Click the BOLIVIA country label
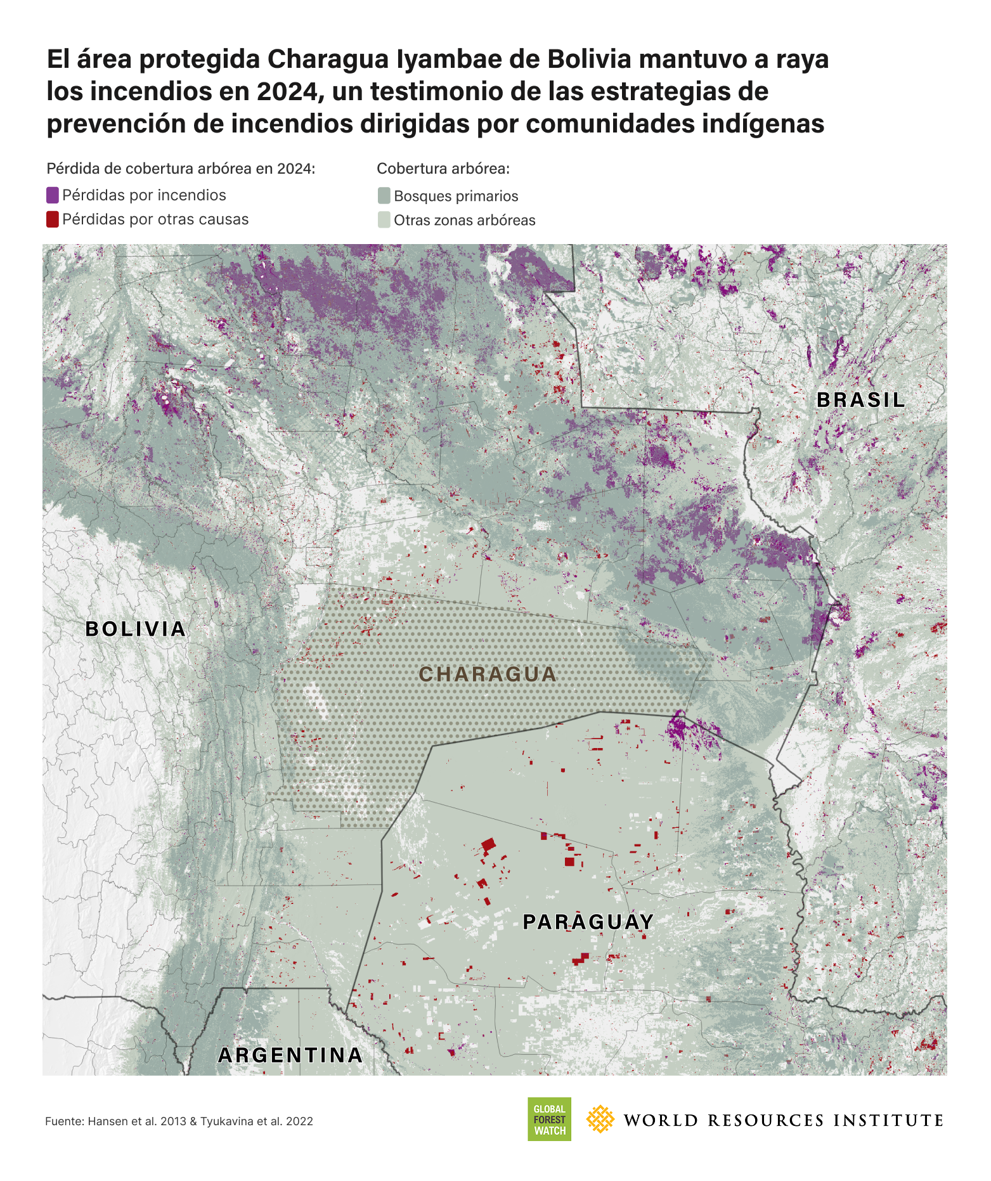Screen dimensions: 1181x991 point(136,629)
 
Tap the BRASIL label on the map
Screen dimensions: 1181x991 point(860,400)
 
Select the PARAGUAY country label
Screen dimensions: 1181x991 point(588,922)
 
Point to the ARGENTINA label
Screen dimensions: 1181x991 point(290,1055)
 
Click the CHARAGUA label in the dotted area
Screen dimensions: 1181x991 point(488,674)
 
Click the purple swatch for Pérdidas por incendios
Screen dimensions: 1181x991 point(53,195)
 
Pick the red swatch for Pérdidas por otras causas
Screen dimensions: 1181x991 point(53,219)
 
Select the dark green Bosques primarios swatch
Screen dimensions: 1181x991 point(384,196)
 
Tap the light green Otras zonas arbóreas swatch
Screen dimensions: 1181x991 point(384,220)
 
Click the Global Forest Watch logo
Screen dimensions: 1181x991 point(549,1119)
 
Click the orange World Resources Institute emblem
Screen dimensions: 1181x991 point(600,1119)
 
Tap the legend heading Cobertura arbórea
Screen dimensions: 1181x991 point(443,169)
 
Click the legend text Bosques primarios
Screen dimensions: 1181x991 point(456,196)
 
